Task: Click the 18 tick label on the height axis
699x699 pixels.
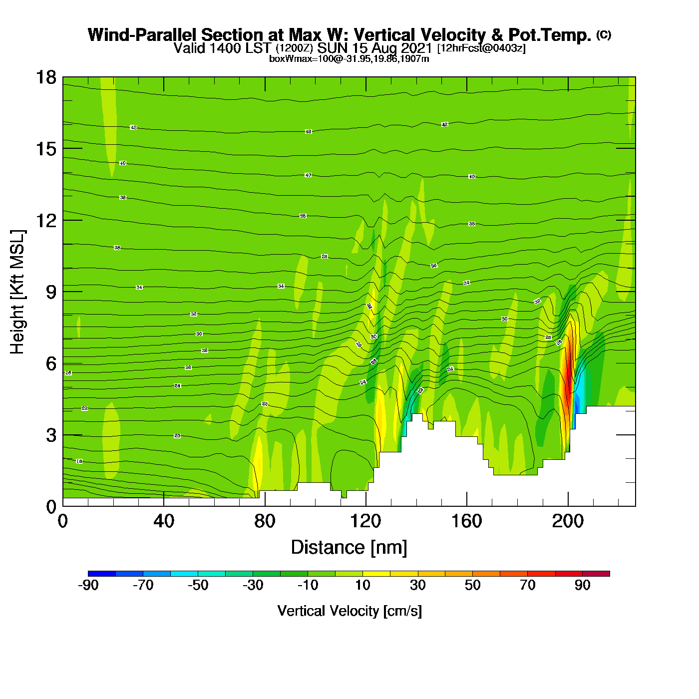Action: tap(46, 77)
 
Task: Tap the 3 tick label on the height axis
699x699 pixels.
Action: tap(51, 435)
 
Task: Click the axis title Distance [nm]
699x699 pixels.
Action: tap(349, 548)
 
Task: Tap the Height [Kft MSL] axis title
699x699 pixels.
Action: tap(17, 292)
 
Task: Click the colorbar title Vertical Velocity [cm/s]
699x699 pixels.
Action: tap(349, 611)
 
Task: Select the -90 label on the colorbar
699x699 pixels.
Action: tap(88, 585)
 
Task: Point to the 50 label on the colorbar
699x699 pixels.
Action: tap(472, 585)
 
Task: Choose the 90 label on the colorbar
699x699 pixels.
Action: tap(582, 585)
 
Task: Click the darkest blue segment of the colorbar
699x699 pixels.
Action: tap(101, 574)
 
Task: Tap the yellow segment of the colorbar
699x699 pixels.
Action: tap(376, 574)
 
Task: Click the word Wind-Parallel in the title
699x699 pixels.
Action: tap(142, 35)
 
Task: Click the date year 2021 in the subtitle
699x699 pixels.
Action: tap(416, 48)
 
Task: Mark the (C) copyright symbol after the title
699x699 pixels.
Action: tap(604, 34)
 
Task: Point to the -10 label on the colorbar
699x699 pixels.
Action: tap(308, 585)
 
